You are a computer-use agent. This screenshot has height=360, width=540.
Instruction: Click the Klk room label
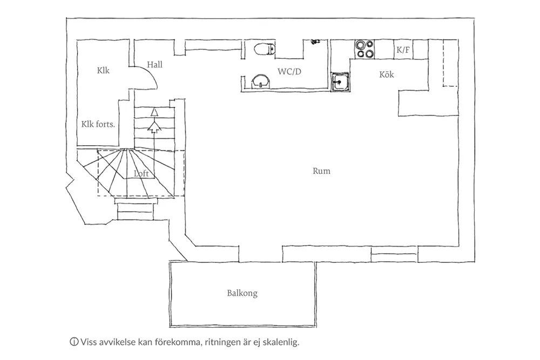tap(103, 70)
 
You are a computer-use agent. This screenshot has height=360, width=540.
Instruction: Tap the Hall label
tap(154, 64)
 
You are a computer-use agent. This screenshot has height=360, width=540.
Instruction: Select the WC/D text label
tap(289, 71)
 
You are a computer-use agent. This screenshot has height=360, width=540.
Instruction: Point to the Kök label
tap(387, 74)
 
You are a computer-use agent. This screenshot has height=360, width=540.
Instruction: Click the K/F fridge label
tap(403, 50)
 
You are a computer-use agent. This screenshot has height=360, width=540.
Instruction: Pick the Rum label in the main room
tap(321, 171)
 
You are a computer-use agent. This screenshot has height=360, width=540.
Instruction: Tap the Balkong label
tap(242, 294)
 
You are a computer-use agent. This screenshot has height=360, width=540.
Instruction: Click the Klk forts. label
tap(98, 124)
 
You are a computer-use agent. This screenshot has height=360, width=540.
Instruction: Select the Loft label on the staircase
tap(141, 174)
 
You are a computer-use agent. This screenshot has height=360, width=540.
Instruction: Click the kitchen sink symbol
tap(340, 83)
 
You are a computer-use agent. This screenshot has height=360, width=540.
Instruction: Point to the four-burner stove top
tap(364, 49)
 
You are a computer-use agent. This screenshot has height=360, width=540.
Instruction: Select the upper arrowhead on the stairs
tap(154, 112)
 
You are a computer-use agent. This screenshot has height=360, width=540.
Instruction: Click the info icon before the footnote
tap(73, 342)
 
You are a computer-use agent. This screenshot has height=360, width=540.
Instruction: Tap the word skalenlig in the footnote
tap(281, 342)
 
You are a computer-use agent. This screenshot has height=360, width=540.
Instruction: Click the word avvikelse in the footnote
tap(116, 342)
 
